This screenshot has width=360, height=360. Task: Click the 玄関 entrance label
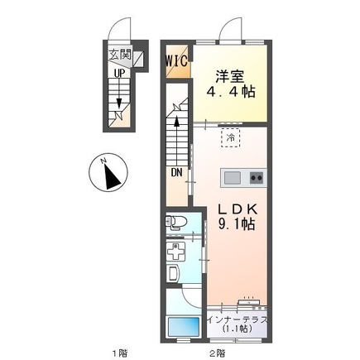(x=119, y=55)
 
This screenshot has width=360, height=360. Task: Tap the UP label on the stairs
(x=119, y=73)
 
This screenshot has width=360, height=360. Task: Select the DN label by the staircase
(x=176, y=173)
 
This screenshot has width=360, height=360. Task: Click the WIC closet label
(x=177, y=61)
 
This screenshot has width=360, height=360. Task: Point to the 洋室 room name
(x=230, y=77)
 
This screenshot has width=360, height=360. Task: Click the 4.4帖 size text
(x=231, y=91)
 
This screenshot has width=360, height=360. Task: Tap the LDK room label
(x=238, y=209)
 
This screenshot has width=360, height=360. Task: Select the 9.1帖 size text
(x=237, y=224)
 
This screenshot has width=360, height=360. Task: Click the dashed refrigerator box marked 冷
(x=231, y=138)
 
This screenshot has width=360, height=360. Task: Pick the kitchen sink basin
(x=233, y=178)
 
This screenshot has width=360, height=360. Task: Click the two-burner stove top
(x=257, y=178)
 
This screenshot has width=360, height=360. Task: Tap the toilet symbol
(x=175, y=223)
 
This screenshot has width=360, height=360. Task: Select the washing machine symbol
(x=175, y=252)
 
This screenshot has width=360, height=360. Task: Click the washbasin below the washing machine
(x=173, y=273)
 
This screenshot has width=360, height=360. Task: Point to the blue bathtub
(x=184, y=326)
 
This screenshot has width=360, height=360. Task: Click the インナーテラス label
(x=238, y=320)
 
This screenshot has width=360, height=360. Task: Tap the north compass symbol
(x=108, y=174)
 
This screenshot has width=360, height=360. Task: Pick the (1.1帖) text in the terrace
(x=238, y=329)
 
